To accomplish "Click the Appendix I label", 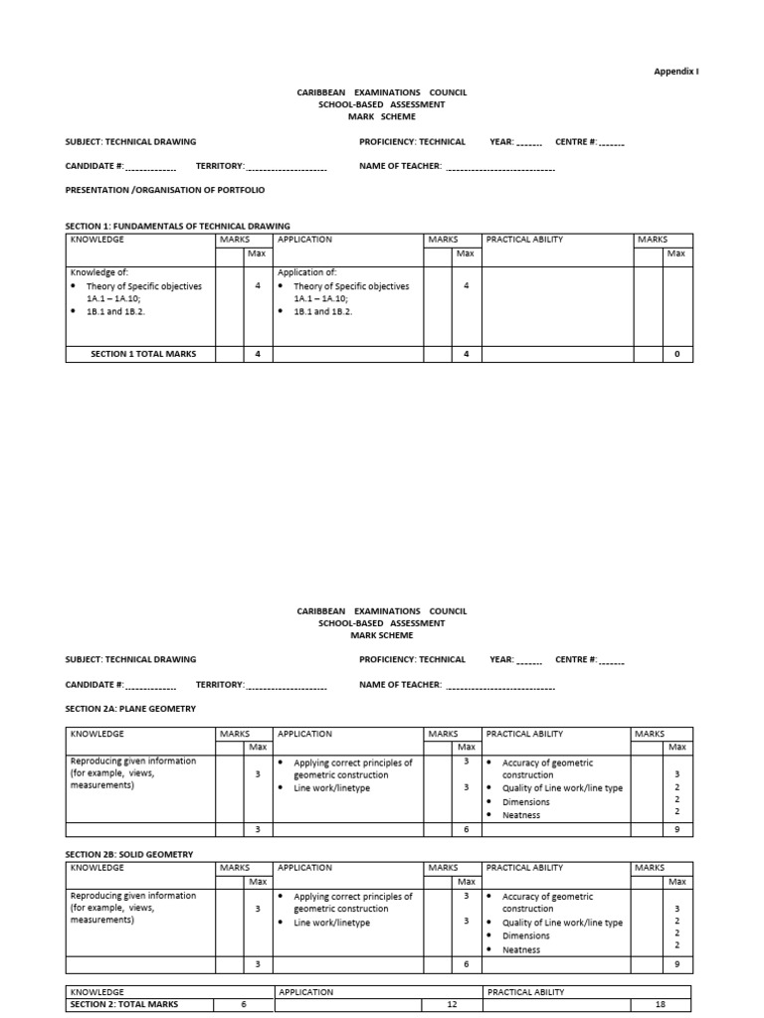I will pyautogui.click(x=676, y=72).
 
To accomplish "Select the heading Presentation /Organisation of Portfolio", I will pyautogui.click(x=165, y=189).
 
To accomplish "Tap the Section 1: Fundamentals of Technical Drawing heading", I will pyautogui.click(x=178, y=226).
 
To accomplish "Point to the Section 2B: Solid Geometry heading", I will pyautogui.click(x=129, y=854).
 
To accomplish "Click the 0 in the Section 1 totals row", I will pyautogui.click(x=676, y=354).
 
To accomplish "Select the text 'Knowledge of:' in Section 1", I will pyautogui.click(x=99, y=271).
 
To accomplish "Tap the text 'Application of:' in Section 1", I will pyautogui.click(x=307, y=271).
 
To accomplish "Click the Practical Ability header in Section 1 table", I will pyautogui.click(x=524, y=240).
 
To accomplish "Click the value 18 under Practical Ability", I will pyautogui.click(x=660, y=1004).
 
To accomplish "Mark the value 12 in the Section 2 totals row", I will pyautogui.click(x=453, y=1004).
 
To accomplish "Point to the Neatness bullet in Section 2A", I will pyautogui.click(x=521, y=815).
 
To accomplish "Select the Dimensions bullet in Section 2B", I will pyautogui.click(x=525, y=935).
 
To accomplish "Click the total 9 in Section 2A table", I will pyautogui.click(x=676, y=829).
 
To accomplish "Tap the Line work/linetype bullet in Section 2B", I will pyautogui.click(x=331, y=923).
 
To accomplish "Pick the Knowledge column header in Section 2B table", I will pyautogui.click(x=97, y=868).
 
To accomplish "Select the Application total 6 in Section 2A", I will pyautogui.click(x=466, y=829).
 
